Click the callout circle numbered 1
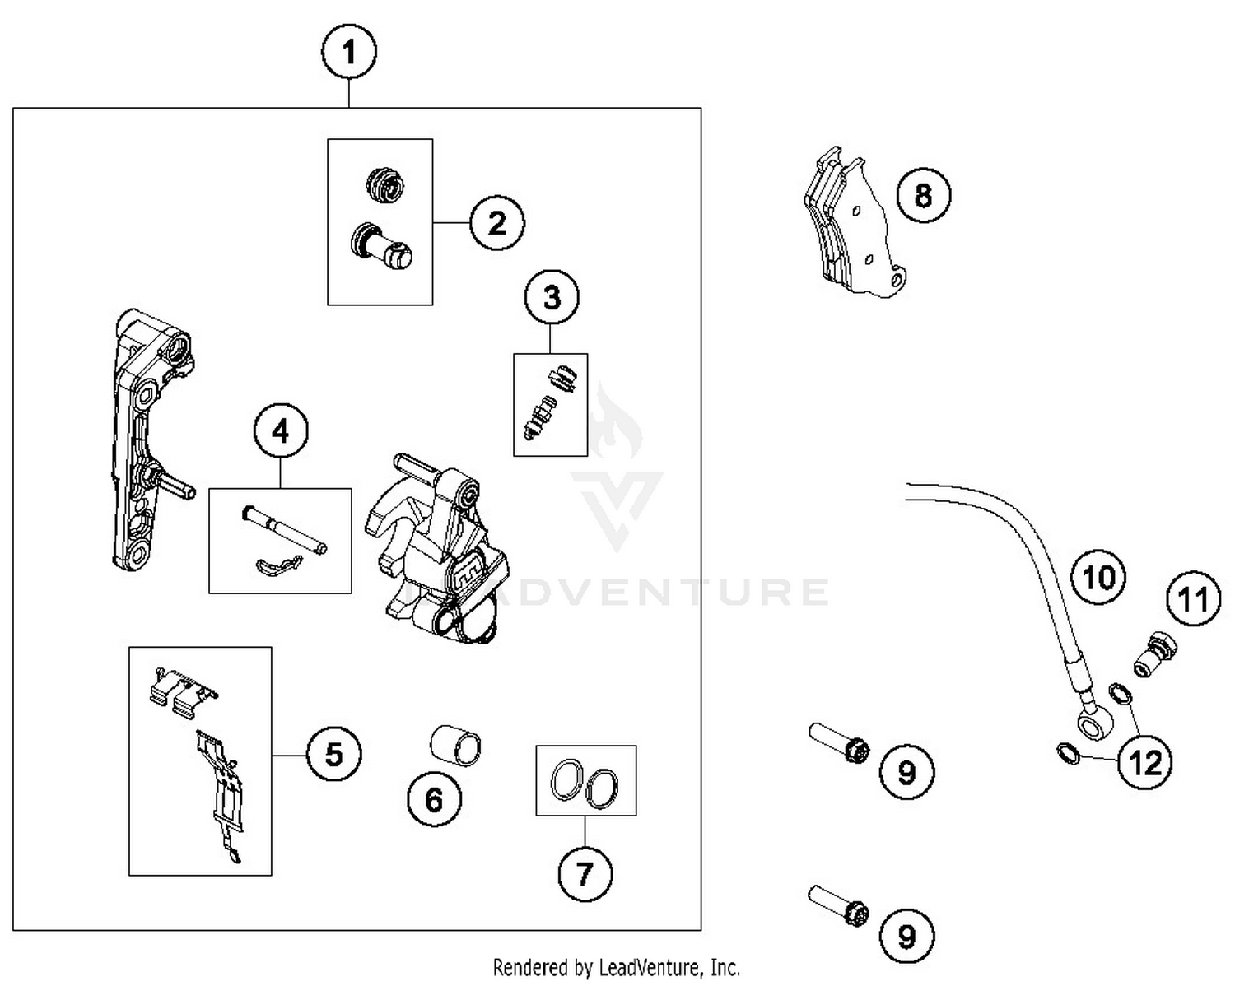[x=349, y=53]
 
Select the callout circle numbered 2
[x=497, y=222]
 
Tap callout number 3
[x=552, y=297]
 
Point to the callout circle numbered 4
[x=281, y=431]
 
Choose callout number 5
[x=333, y=753]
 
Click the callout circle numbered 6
[x=434, y=799]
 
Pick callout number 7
[x=585, y=873]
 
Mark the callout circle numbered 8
[x=923, y=196]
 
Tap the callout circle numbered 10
[x=1099, y=577]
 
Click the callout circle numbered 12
[x=1145, y=763]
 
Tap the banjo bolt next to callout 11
[x=1155, y=654]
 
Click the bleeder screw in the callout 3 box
[x=540, y=415]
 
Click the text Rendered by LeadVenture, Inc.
[x=616, y=966]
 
